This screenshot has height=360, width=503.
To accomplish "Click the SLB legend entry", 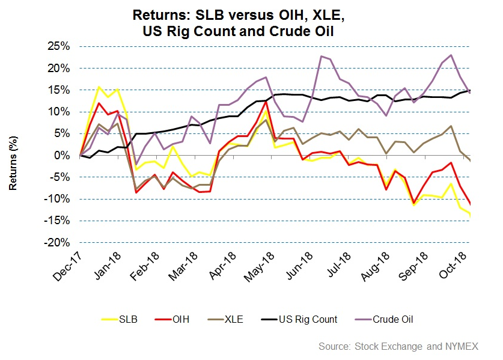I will coord(127,319).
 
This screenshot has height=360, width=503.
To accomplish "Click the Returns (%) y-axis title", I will coord(13,155).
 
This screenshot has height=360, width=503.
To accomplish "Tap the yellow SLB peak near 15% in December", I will coord(99,87).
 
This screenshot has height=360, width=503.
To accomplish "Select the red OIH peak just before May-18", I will coord(266,102).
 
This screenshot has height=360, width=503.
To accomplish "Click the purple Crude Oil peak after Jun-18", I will coord(322,56).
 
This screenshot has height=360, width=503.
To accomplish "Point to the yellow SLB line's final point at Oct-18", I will coord(469,215).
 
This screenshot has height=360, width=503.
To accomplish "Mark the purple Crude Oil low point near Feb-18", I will coord(136,164).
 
